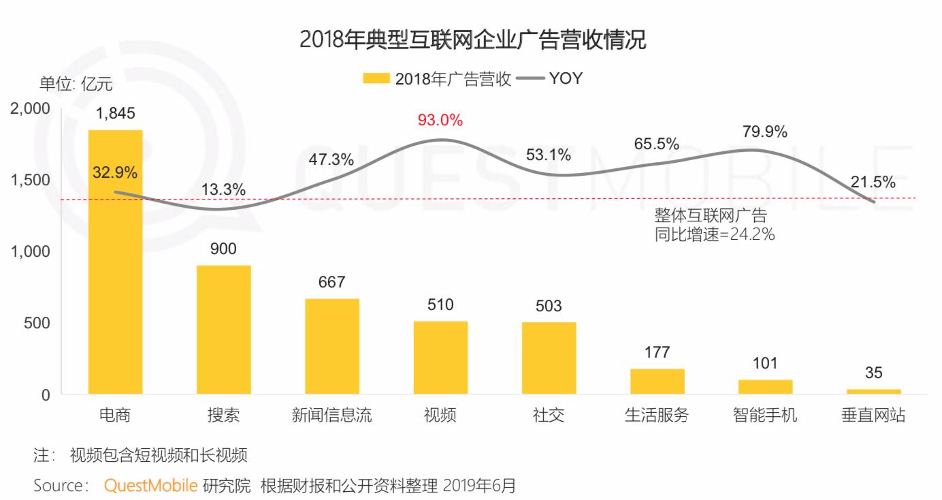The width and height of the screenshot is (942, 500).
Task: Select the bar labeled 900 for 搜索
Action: click(223, 330)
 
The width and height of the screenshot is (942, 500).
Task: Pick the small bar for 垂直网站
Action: click(873, 392)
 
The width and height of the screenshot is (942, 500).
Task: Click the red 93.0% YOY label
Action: click(440, 121)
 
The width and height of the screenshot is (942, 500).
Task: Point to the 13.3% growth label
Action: click(223, 190)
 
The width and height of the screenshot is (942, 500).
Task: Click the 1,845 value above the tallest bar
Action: click(116, 114)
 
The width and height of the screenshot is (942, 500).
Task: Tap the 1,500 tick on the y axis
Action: click(31, 180)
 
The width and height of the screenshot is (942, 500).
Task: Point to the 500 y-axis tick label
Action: click(37, 323)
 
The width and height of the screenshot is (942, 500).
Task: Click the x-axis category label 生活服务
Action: click(656, 416)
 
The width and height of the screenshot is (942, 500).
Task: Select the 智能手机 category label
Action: click(765, 416)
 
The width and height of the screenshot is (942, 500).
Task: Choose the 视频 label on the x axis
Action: click(440, 416)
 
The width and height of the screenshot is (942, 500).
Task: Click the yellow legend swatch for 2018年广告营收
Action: click(376, 78)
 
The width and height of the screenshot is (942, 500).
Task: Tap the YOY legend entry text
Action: click(566, 78)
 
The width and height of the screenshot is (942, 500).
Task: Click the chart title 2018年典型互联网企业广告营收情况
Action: click(472, 40)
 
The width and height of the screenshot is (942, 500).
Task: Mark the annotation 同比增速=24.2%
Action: click(715, 235)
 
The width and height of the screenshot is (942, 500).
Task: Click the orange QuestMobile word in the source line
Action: click(151, 486)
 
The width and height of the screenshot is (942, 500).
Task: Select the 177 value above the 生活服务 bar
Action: click(657, 352)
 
